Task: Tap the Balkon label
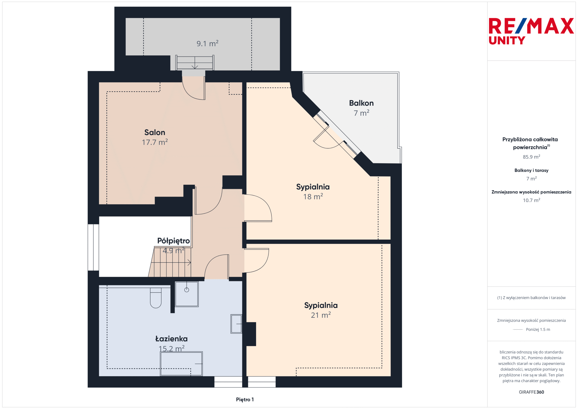361,103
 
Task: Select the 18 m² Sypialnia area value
313,196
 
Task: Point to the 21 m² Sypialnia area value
321,315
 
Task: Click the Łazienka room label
171,339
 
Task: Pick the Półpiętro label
173,241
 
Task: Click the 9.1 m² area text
207,44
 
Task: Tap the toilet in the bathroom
156,298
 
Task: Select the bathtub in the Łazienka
181,364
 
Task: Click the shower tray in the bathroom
186,294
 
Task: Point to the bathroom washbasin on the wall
236,324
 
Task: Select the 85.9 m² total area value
531,157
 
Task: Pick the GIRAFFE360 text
531,392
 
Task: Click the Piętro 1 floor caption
245,400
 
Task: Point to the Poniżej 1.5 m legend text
538,330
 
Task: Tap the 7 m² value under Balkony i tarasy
531,179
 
